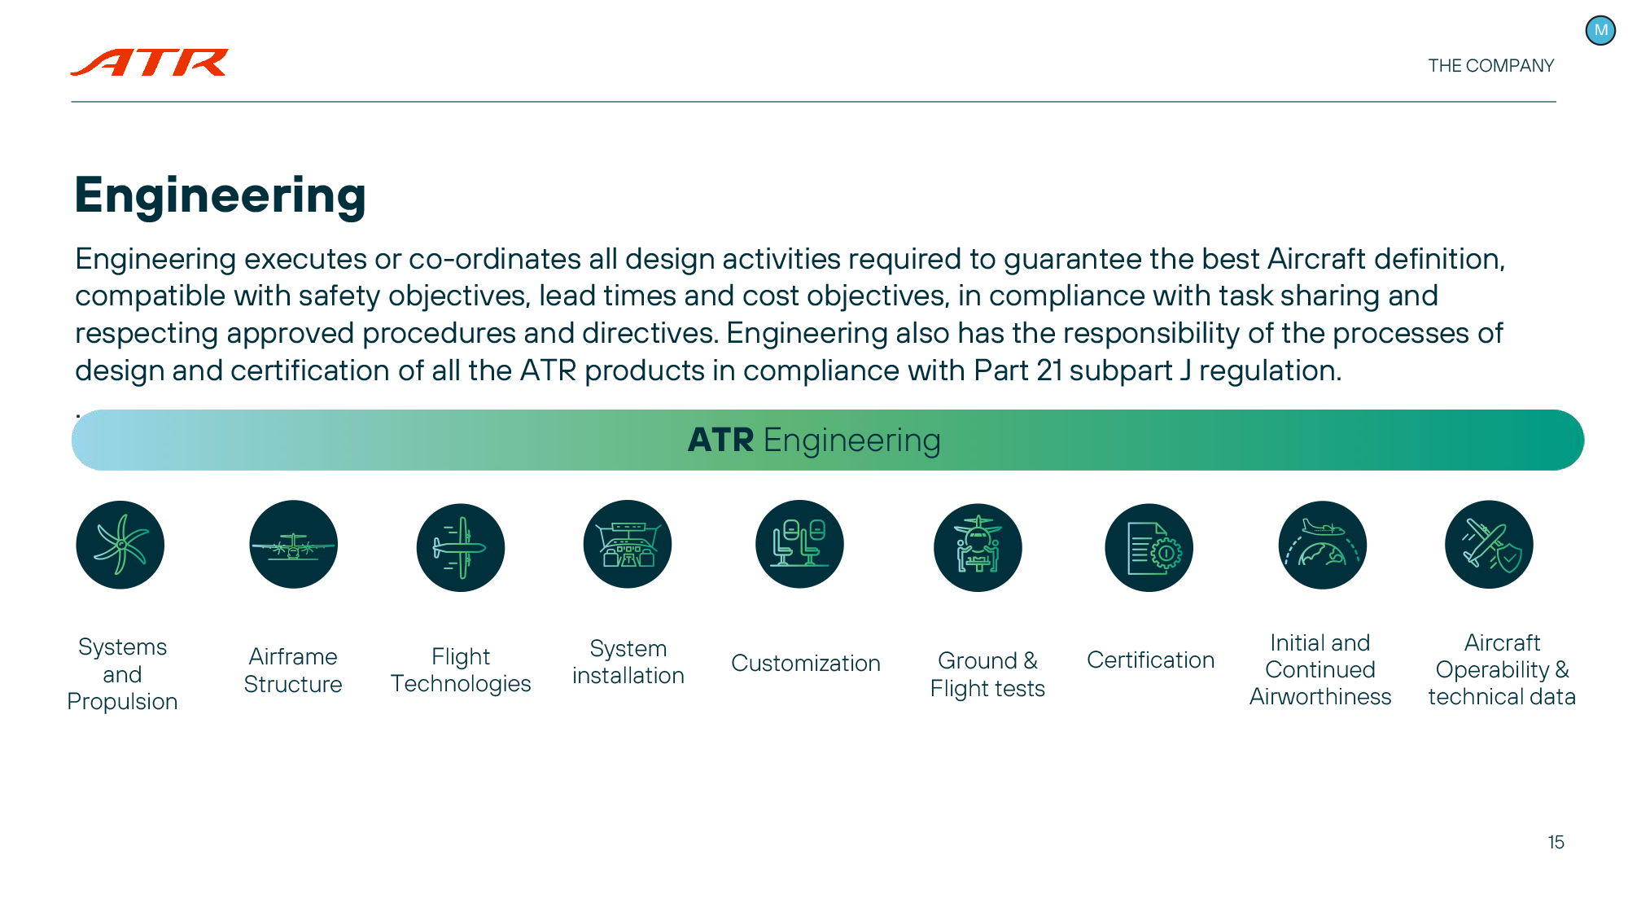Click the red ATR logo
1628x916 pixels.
coord(150,62)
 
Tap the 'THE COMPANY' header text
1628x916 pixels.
coord(1490,66)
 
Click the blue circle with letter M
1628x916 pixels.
coord(1600,31)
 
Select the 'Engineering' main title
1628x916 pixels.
coord(221,196)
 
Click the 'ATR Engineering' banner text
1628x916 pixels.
coord(814,440)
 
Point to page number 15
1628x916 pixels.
coord(1556,842)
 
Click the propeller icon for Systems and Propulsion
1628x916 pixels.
coord(120,545)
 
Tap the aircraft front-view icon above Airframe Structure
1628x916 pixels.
coord(293,545)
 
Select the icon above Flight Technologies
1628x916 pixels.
coord(461,547)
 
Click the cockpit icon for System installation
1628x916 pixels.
coord(628,545)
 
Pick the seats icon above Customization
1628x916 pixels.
coord(799,545)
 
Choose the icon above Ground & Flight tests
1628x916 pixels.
coord(978,547)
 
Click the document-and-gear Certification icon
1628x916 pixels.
coord(1149,547)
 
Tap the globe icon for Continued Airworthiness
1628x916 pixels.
coord(1322,545)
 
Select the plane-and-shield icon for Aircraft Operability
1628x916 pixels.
coord(1489,545)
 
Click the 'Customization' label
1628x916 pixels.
coord(806,663)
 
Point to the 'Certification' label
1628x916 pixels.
coord(1150,660)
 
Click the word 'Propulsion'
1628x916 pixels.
coord(122,702)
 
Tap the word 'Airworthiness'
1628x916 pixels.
coord(1320,697)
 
